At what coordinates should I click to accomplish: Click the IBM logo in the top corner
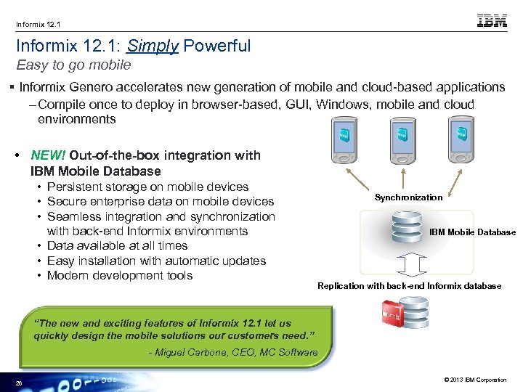(492, 21)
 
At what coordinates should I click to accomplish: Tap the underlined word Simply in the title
(153, 46)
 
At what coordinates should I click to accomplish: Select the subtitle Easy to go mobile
(73, 65)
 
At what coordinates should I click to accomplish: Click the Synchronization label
(408, 197)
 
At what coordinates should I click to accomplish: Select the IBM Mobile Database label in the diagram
(472, 232)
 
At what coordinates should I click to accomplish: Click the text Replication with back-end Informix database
(409, 286)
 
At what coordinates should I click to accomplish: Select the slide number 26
(19, 383)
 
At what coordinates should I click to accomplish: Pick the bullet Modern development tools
(120, 275)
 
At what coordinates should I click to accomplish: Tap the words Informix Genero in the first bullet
(65, 87)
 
